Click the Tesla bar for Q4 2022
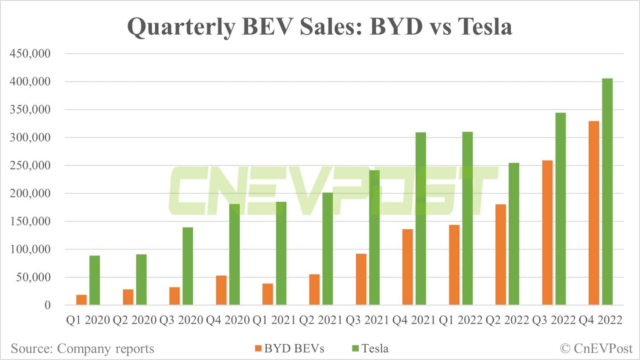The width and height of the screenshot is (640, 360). pyautogui.click(x=607, y=192)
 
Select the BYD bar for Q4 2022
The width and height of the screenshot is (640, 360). pyautogui.click(x=593, y=213)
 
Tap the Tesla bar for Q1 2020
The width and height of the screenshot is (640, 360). pyautogui.click(x=95, y=280)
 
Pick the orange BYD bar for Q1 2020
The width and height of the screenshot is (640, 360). pyautogui.click(x=81, y=300)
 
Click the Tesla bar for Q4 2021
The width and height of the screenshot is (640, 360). pyautogui.click(x=421, y=218)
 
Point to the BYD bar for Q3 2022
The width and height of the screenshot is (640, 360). pyautogui.click(x=547, y=232)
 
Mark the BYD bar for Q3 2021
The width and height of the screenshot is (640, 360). pyautogui.click(x=361, y=279)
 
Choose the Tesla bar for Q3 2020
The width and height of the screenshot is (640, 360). pyautogui.click(x=188, y=266)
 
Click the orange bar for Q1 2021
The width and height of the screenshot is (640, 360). pyautogui.click(x=268, y=294)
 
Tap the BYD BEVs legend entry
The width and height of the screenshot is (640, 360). pyautogui.click(x=290, y=348)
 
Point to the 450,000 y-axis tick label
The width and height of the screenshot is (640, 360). pyautogui.click(x=30, y=54)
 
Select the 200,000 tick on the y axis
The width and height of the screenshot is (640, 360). pyautogui.click(x=30, y=194)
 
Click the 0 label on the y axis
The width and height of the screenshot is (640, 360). pyautogui.click(x=47, y=305)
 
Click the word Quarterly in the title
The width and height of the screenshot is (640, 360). pyautogui.click(x=181, y=26)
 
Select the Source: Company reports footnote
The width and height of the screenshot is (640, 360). pyautogui.click(x=82, y=348)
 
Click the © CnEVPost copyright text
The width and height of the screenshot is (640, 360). pyautogui.click(x=596, y=348)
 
